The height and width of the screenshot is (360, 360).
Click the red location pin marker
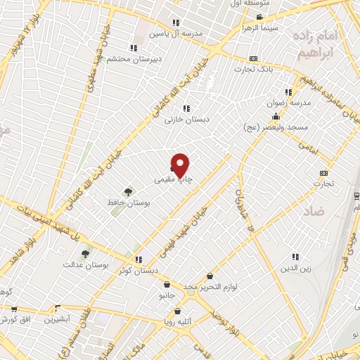click(x=181, y=165)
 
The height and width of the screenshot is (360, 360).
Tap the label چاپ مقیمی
click(x=174, y=181)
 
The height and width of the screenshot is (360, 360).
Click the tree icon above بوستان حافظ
click(x=128, y=191)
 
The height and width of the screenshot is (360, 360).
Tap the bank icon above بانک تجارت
click(x=254, y=59)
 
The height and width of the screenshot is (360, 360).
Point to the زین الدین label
click(x=295, y=267)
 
